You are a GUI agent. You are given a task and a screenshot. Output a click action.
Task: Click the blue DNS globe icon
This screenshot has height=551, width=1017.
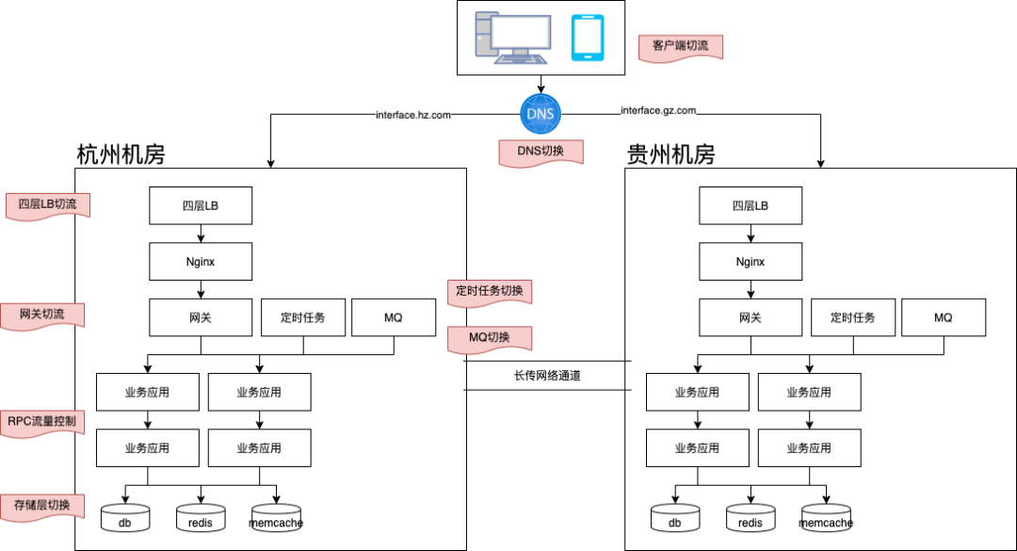coord(541,114)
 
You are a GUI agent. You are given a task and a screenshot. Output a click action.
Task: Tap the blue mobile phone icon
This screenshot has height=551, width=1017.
coord(588,37)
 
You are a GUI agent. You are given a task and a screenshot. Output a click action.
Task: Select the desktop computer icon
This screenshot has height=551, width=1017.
coord(512,37)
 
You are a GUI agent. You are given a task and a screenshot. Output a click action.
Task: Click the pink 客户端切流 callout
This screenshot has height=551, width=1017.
coord(680,46)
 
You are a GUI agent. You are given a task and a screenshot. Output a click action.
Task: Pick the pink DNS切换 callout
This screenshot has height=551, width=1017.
coord(541,152)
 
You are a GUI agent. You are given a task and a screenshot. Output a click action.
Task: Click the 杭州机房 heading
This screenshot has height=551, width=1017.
coord(121,154)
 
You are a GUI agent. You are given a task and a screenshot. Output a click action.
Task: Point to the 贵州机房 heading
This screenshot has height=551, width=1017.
coord(670,154)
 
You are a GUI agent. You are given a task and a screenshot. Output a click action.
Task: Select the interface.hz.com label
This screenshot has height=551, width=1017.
coord(412,115)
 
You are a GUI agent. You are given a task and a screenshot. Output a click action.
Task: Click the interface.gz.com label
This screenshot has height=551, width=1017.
coord(658,110)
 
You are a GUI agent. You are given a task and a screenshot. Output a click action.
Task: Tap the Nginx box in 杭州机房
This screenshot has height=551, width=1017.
coord(201,261)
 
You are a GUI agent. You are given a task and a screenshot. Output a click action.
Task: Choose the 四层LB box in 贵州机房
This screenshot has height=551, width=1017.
coord(751,205)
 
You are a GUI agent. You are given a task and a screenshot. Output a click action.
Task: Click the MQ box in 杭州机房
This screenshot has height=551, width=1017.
coord(393,317)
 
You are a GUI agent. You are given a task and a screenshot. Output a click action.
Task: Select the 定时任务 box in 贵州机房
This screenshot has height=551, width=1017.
coord(852,317)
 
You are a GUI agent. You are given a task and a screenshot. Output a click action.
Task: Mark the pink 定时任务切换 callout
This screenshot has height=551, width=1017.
coord(489,291)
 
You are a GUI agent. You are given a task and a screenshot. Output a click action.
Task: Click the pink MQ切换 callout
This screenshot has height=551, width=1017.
coord(489,337)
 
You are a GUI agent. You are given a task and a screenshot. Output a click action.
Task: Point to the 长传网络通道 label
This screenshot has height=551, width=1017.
coord(547,375)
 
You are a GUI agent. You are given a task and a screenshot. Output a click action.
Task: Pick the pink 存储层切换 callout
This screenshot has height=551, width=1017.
coord(41,505)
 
